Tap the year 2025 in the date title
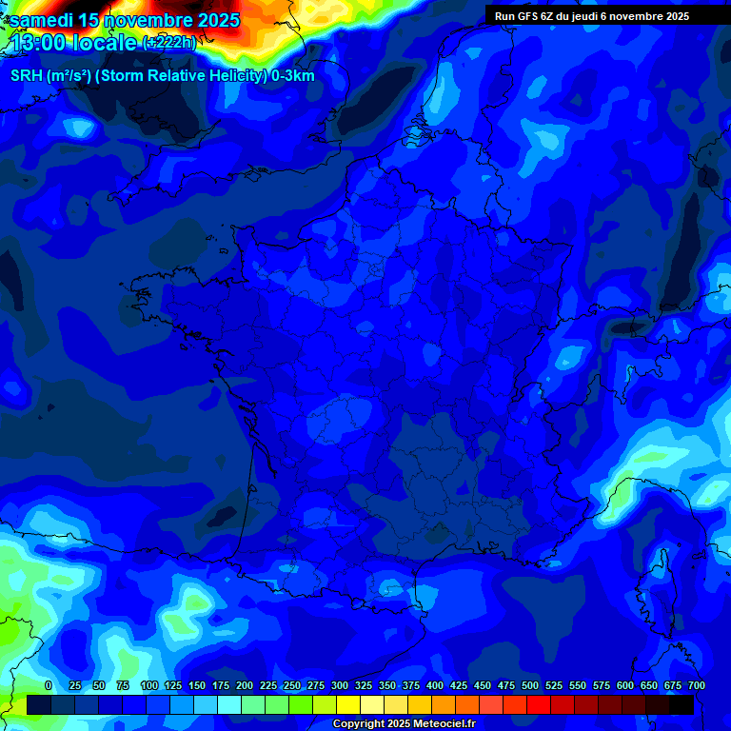(x=213, y=20)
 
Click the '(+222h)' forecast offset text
(x=168, y=43)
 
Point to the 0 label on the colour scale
(x=49, y=685)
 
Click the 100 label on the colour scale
(x=149, y=685)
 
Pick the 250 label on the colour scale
(x=292, y=685)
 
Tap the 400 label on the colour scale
(x=435, y=685)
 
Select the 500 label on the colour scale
(x=530, y=685)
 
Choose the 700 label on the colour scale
(x=696, y=685)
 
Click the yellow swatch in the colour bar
(x=348, y=705)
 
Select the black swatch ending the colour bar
(x=682, y=705)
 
